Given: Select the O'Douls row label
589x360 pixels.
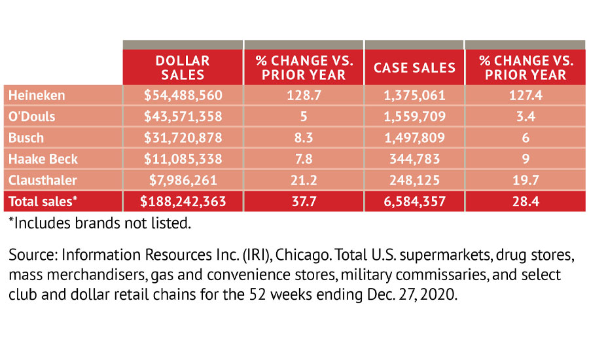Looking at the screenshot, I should [32, 117].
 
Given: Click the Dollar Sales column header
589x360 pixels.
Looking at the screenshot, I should [183, 67].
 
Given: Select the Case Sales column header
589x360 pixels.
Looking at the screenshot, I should [414, 67].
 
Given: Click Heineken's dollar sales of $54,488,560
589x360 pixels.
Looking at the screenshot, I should [183, 96].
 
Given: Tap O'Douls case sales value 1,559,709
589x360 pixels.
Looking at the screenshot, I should [414, 117].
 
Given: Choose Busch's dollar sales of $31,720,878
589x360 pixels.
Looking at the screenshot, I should [183, 138].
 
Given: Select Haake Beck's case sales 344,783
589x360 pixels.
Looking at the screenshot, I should [414, 158].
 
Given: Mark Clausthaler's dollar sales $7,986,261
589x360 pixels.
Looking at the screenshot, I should [183, 179].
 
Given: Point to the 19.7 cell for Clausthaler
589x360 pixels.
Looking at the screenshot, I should [526, 179].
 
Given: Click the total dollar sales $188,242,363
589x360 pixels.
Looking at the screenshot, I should [183, 202].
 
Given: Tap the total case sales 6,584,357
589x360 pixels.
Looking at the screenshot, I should [414, 202].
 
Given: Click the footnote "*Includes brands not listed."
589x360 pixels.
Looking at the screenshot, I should [99, 224].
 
